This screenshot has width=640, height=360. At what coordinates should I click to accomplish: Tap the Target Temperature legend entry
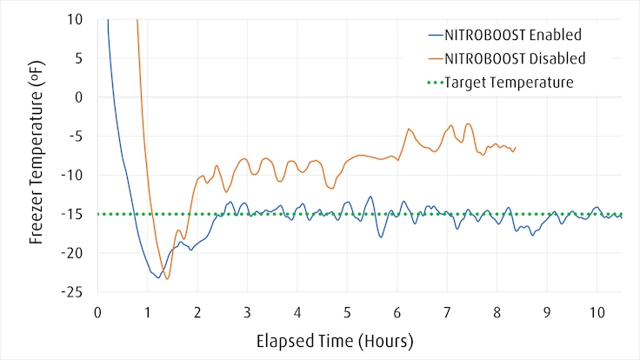509,83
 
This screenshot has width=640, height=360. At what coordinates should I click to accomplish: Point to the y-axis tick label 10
76,19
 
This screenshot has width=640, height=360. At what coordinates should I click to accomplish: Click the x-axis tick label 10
597,311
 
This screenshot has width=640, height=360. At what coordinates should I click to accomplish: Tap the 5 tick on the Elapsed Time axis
347,311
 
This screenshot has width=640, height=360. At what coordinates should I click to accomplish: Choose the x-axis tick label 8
497,311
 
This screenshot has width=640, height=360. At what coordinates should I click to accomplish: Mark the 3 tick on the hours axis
247,311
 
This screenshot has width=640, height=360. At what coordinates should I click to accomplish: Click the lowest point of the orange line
168,278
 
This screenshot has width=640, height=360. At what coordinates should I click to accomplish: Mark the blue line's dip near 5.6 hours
381,237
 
